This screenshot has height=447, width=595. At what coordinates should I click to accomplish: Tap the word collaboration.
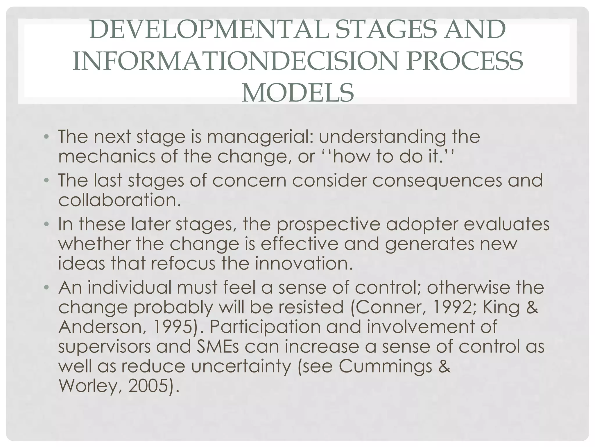point(120,200)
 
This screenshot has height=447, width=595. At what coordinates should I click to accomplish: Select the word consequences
point(437,180)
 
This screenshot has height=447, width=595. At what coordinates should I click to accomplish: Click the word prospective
point(328,225)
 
